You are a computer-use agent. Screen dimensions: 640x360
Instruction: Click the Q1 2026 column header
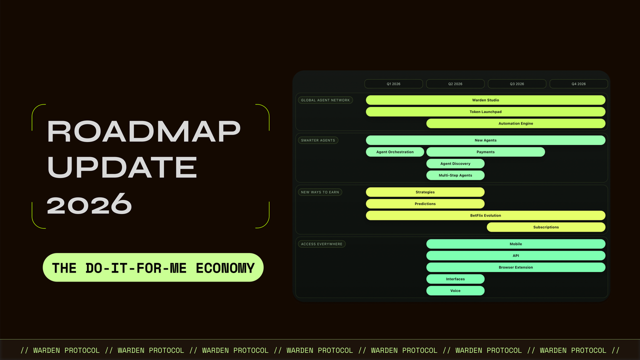[x=393, y=83]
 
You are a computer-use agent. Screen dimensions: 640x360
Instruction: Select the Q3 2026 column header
[x=517, y=83]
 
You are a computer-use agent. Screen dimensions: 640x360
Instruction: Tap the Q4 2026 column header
[x=578, y=83]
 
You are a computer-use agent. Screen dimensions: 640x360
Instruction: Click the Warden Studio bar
[x=485, y=100]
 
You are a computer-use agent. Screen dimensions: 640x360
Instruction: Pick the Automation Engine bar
[x=515, y=123]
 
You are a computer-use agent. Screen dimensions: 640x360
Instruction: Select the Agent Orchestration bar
[x=395, y=151]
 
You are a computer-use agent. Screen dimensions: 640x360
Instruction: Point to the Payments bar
[x=485, y=151]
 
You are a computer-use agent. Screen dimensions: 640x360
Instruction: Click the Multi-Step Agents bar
[x=455, y=175]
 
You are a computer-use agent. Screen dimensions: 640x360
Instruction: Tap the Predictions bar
[x=425, y=203]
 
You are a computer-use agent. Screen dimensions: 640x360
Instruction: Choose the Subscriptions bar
[x=546, y=227]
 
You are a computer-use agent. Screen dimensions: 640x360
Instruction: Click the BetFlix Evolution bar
[x=485, y=215]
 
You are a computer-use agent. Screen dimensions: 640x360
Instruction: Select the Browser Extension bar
[x=515, y=267]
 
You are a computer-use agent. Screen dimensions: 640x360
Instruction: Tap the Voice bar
[x=455, y=290]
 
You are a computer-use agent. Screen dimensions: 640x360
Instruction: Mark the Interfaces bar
[x=455, y=279]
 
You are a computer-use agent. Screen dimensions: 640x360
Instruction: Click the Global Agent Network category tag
[x=325, y=100]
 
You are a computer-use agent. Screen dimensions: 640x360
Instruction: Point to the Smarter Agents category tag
[x=318, y=140]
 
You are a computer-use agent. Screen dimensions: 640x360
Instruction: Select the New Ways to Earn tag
[x=320, y=192]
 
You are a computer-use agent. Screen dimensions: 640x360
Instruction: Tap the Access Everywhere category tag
[x=321, y=244]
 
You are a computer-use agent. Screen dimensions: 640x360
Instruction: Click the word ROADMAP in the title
[x=143, y=131]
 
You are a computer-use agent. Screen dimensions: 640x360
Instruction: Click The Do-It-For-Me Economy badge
[x=153, y=267]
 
